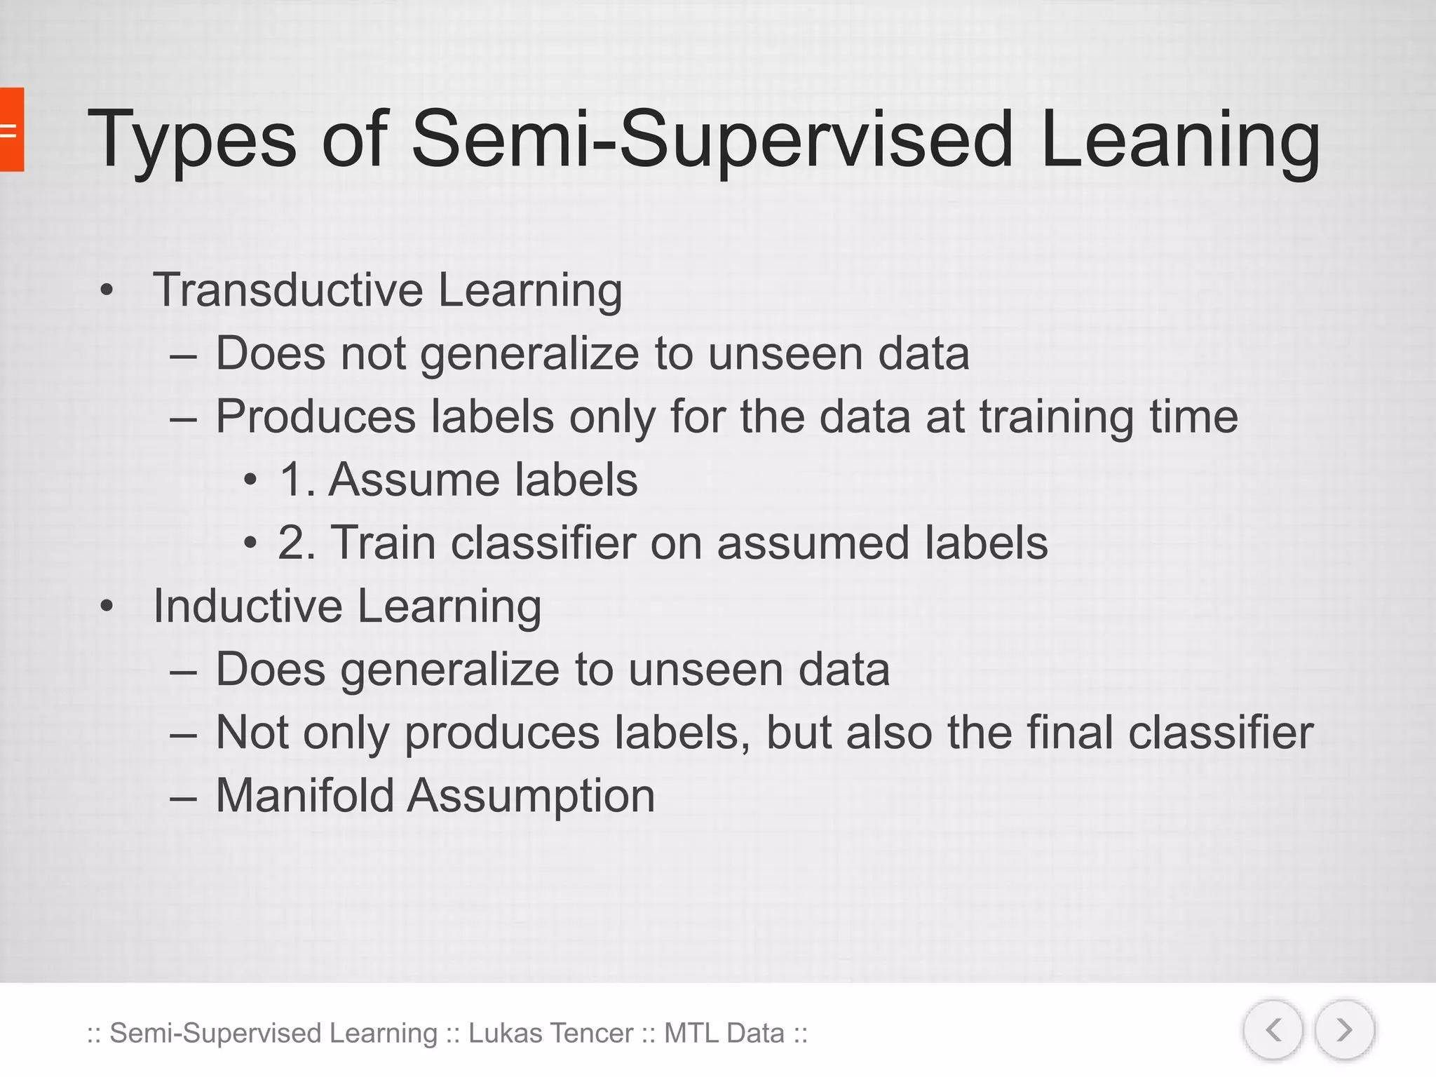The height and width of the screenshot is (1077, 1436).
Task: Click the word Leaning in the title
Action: click(1179, 140)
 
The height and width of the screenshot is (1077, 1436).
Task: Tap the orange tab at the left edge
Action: click(11, 130)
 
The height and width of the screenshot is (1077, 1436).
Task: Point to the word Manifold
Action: click(304, 796)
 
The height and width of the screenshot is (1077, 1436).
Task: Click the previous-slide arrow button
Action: click(1273, 1030)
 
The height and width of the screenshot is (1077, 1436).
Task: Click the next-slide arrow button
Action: click(1344, 1030)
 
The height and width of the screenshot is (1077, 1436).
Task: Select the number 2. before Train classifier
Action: click(296, 543)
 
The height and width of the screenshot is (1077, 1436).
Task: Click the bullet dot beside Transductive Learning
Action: click(106, 290)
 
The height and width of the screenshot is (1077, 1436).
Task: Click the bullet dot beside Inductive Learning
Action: click(106, 606)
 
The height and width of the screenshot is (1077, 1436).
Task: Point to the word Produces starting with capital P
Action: click(316, 417)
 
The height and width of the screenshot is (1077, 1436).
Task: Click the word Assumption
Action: click(531, 796)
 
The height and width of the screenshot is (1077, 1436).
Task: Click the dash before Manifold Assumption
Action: click(183, 798)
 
